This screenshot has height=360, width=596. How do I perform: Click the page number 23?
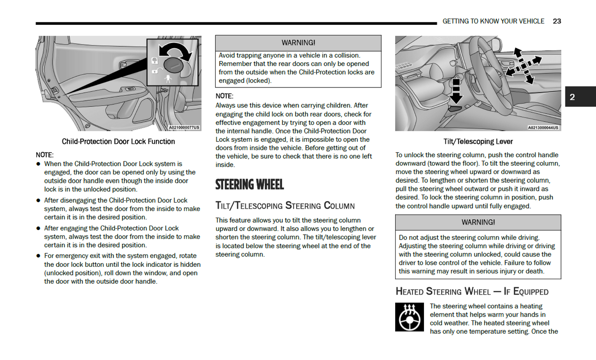coord(557,21)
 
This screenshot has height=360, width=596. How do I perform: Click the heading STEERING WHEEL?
coord(250,184)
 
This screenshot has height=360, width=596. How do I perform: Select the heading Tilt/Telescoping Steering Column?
coord(285,205)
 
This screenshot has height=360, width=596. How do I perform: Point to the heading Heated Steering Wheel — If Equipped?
coord(472,292)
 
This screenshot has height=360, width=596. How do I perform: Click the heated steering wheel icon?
coord(409,317)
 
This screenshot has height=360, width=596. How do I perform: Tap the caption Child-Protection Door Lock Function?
coord(118,141)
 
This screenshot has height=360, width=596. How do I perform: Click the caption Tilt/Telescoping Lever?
coord(478,141)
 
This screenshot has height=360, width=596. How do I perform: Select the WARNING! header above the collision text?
coord(298,43)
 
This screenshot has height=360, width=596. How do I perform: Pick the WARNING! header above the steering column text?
coord(478,222)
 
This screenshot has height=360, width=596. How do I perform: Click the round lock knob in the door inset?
coord(173,65)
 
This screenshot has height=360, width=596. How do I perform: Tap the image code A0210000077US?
coord(184,127)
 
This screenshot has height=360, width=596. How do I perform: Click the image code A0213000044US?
coord(543,127)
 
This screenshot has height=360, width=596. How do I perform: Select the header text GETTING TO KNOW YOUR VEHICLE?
coord(493,21)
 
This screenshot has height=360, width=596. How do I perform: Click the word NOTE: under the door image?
coord(45,155)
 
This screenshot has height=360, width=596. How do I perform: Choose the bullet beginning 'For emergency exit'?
coord(122,268)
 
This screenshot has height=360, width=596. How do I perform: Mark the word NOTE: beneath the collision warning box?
coord(224,96)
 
